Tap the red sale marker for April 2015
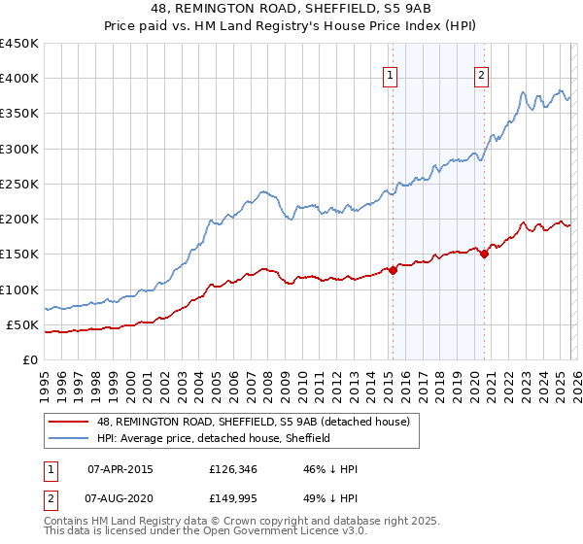tap(394, 271)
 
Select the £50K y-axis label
tap(23, 324)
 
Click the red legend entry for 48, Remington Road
tap(258, 422)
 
